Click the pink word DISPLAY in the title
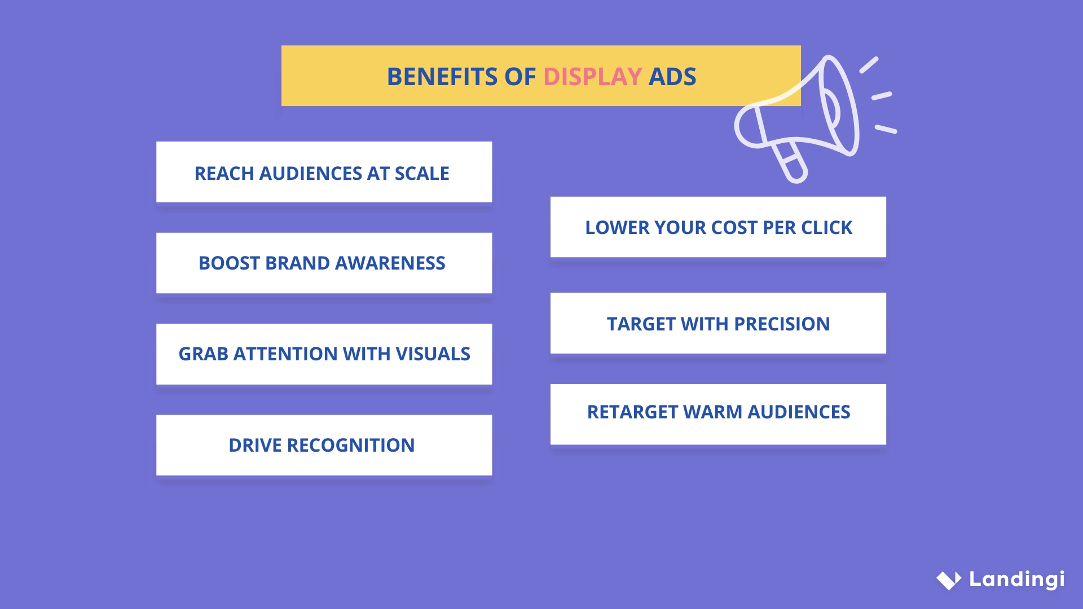pyautogui.click(x=592, y=77)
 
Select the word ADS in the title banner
pyautogui.click(x=672, y=77)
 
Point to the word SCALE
pyautogui.click(x=422, y=174)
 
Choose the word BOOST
pyautogui.click(x=228, y=263)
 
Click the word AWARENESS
pyautogui.click(x=390, y=263)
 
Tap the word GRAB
pyautogui.click(x=203, y=354)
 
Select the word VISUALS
pyautogui.click(x=433, y=354)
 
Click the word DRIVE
pyautogui.click(x=255, y=445)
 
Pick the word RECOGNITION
pyautogui.click(x=351, y=445)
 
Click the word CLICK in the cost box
pyautogui.click(x=827, y=228)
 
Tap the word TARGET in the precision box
pyautogui.click(x=641, y=324)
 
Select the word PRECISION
pyautogui.click(x=782, y=324)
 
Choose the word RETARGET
pyautogui.click(x=632, y=412)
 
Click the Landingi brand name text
pyautogui.click(x=1016, y=579)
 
